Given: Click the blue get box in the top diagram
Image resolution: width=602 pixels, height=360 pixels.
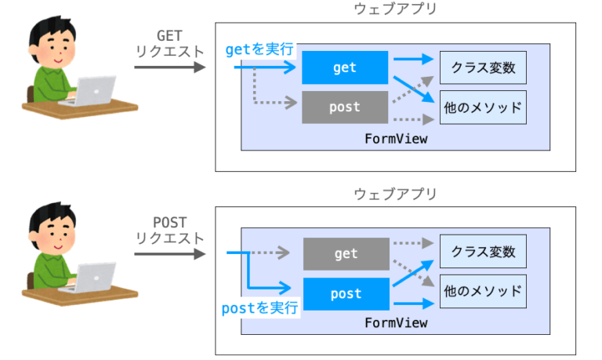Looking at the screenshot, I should coord(345,67).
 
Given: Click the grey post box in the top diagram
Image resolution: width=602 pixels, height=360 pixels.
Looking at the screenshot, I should coord(345,107).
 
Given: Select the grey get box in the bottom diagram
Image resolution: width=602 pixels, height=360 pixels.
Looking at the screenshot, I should coord(346,253).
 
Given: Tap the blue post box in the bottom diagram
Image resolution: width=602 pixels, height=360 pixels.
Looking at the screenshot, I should coord(346,293).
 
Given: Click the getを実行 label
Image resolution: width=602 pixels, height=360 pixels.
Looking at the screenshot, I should coord(259,49).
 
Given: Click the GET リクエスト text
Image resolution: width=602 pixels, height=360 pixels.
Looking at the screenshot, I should coord(170,43).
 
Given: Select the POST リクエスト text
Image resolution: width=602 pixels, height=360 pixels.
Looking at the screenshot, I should coord(170,228).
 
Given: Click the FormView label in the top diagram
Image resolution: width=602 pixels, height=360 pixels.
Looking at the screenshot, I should coord(396,138).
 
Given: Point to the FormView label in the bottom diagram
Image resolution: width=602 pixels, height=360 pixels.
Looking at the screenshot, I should coord(396,322).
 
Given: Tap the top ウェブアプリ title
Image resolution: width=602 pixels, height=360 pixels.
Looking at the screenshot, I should coord(395,10).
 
